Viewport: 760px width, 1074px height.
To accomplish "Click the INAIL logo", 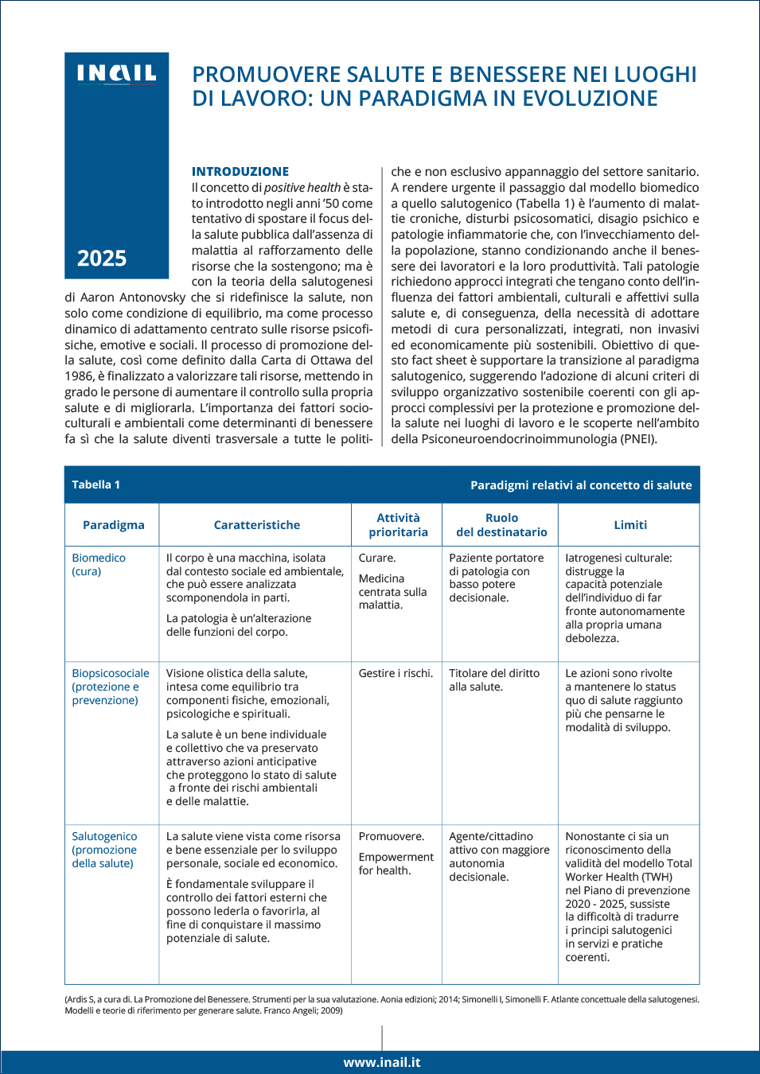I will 116,74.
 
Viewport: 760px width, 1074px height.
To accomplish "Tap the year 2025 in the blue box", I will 102,259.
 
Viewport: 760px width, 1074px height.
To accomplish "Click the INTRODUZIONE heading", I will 240,171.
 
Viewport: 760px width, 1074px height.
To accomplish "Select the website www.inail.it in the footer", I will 382,1062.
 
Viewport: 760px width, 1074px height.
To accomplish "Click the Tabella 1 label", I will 95,484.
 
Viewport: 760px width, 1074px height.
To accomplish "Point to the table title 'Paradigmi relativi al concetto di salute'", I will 581,484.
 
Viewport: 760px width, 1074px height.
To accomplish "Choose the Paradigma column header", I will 114,525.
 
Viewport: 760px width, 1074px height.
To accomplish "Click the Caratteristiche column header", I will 256,525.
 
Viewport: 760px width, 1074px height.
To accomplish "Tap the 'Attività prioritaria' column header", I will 398,525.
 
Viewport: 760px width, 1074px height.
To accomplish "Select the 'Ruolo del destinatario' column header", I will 501,525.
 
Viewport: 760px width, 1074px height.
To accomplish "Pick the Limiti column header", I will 630,525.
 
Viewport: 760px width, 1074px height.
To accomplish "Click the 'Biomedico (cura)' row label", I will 99,565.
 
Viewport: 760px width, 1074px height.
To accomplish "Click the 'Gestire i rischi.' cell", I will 396,673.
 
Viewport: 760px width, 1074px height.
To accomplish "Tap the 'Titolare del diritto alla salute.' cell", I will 494,679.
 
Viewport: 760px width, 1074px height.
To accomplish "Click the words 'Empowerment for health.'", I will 396,863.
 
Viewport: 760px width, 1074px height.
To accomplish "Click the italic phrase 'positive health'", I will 302,188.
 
